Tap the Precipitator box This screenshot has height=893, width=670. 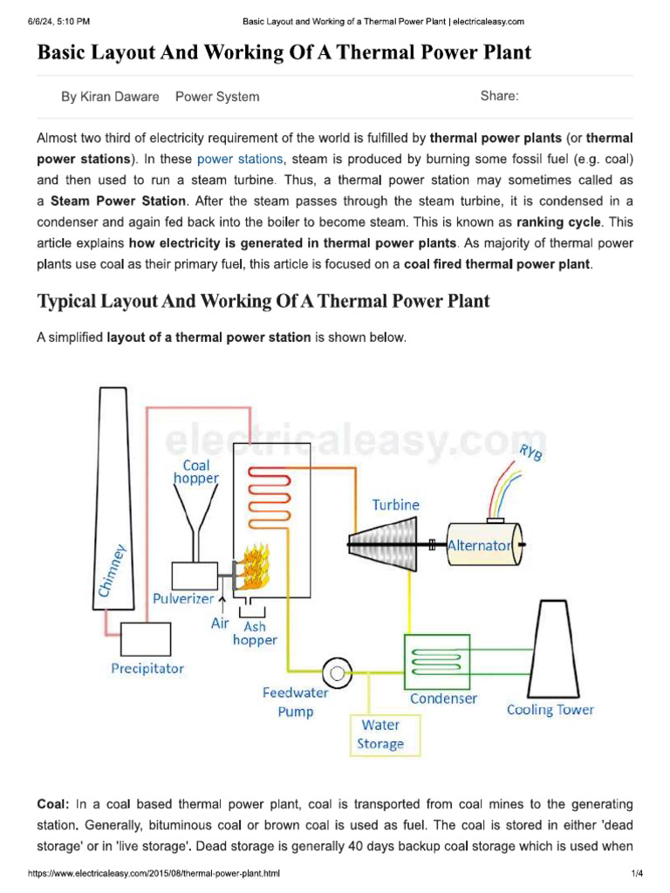[147, 641]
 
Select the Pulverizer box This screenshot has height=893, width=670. [196, 576]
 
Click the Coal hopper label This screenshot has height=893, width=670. [196, 472]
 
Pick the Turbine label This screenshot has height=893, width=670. [395, 505]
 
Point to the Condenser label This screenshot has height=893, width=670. [444, 699]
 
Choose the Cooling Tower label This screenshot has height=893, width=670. [550, 710]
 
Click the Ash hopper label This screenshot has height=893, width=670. [255, 633]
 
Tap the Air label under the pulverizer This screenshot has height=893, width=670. [221, 624]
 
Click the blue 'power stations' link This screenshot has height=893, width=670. [240, 159]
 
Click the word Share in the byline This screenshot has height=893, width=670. [499, 96]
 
